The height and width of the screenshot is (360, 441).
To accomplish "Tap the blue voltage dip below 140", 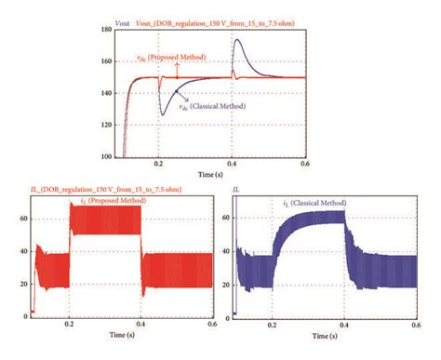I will tap(164, 113).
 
